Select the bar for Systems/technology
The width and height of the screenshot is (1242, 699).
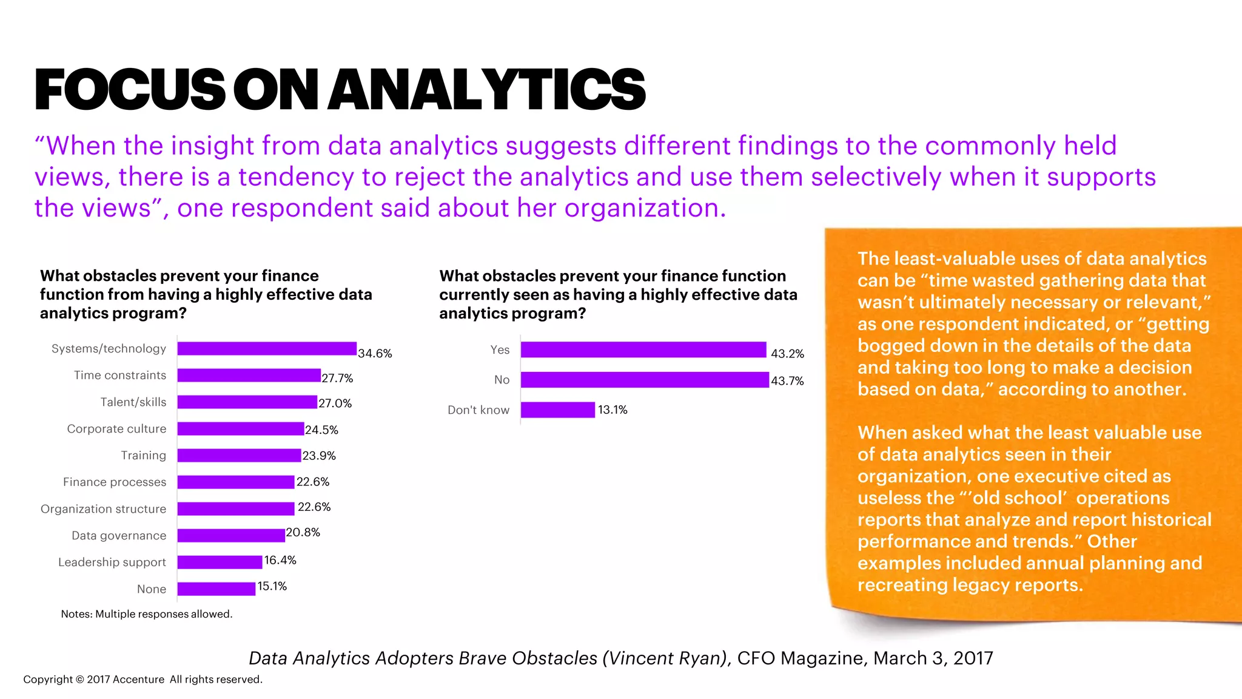267,348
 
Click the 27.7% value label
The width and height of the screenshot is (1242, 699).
337,378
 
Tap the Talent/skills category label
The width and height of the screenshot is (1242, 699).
133,402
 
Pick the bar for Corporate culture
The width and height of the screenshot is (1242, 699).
241,428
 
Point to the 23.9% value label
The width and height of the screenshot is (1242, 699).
319,456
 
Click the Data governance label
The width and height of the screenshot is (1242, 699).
119,535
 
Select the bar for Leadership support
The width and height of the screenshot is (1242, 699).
220,562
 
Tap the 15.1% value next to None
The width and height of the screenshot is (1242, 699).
272,586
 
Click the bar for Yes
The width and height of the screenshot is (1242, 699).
643,349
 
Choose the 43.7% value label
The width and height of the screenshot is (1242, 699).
787,381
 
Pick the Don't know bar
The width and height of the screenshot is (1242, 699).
558,410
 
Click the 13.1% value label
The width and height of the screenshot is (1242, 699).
613,410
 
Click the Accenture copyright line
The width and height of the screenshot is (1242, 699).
143,680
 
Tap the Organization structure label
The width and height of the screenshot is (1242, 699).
103,508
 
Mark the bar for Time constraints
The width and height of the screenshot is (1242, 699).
249,375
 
